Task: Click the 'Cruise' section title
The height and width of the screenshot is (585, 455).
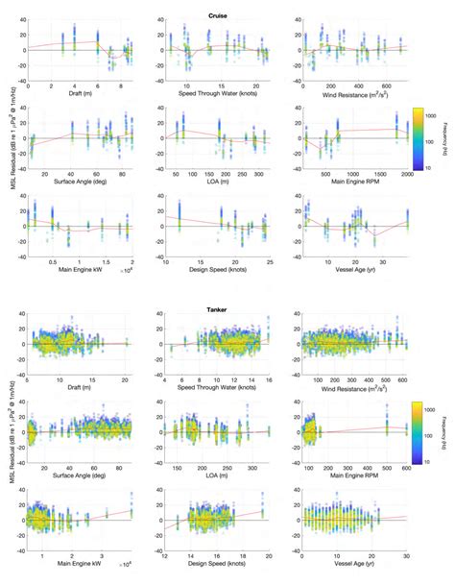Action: click(x=217, y=15)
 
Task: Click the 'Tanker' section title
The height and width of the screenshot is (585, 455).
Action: click(x=217, y=309)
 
